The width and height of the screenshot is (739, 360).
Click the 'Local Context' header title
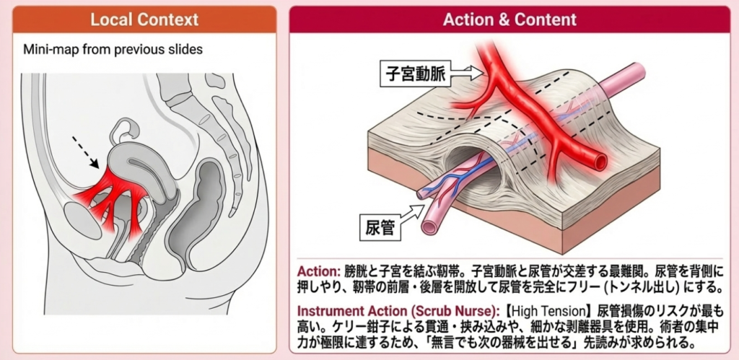tap(144, 19)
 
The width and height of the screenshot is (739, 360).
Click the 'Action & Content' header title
tap(510, 19)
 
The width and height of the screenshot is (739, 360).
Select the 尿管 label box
tap(380, 228)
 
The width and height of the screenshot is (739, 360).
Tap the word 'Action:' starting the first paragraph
tap(317, 271)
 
